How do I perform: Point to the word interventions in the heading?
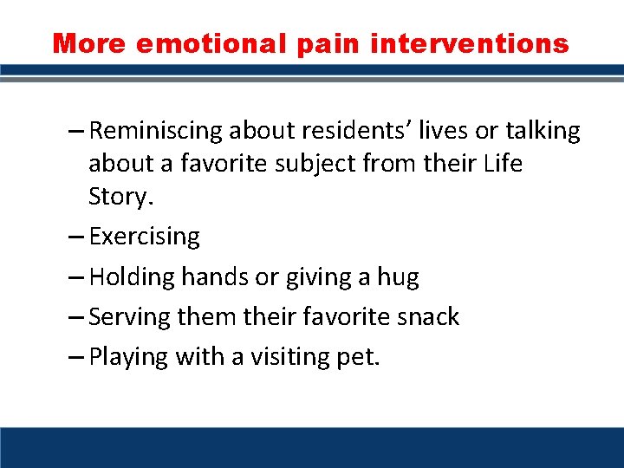click(470, 43)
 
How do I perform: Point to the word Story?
click(120, 197)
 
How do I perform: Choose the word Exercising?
click(144, 237)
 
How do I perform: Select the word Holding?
click(133, 277)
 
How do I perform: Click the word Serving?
click(130, 317)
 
